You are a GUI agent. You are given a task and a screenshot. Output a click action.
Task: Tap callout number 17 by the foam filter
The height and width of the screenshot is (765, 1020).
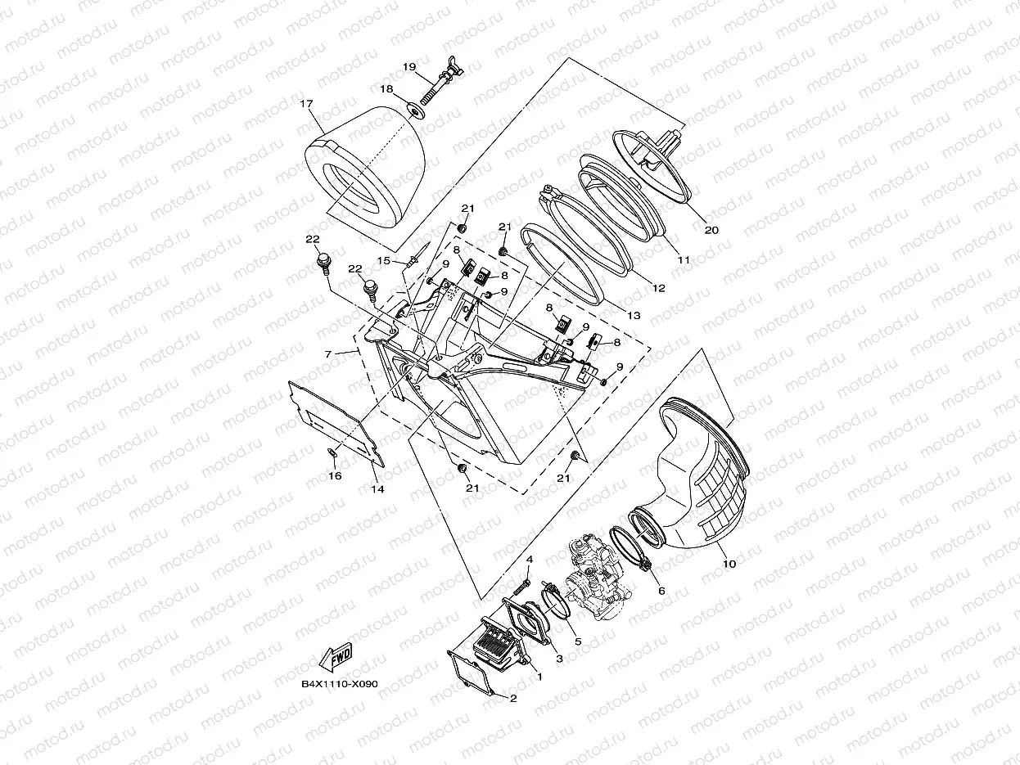click(x=306, y=104)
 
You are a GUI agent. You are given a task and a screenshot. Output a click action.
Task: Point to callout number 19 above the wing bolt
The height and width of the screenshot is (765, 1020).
click(x=409, y=66)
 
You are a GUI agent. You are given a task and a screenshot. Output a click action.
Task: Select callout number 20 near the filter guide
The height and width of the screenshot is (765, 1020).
click(x=711, y=231)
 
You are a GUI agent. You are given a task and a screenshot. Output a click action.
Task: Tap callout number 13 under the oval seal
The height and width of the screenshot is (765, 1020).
click(x=633, y=315)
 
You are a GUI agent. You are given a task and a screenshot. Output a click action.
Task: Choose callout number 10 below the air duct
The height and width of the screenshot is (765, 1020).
click(x=729, y=564)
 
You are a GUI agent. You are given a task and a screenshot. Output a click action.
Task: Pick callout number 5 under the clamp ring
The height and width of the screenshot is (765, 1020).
click(x=577, y=641)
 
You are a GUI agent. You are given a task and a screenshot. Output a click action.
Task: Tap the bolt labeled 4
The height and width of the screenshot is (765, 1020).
click(x=521, y=587)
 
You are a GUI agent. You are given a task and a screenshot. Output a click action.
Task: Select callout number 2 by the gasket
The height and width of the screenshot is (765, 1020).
click(x=513, y=698)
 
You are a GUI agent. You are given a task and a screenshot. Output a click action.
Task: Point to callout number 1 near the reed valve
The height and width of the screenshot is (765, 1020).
click(x=539, y=677)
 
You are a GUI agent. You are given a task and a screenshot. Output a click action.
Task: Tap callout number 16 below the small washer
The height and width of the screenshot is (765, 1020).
click(x=334, y=475)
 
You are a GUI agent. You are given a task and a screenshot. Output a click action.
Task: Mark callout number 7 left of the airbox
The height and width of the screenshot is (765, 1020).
click(x=328, y=354)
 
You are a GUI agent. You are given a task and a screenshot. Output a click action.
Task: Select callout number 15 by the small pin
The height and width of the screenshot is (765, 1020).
click(x=381, y=260)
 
